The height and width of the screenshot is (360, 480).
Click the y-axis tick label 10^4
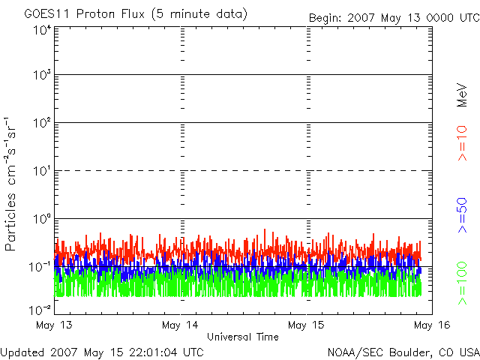pyautogui.click(x=41, y=30)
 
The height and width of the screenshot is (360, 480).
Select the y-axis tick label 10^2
pyautogui.click(x=41, y=124)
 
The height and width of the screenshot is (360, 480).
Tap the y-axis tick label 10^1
pyautogui.click(x=41, y=172)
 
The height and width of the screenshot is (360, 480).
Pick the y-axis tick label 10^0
pyautogui.click(x=41, y=220)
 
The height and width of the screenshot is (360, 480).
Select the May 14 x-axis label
pyautogui.click(x=180, y=325)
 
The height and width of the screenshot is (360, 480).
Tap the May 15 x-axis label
pyautogui.click(x=306, y=325)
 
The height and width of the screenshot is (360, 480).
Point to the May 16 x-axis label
pyautogui.click(x=430, y=325)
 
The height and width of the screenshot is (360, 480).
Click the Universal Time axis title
pyautogui.click(x=242, y=337)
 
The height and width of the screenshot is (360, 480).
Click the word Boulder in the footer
pyautogui.click(x=411, y=351)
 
